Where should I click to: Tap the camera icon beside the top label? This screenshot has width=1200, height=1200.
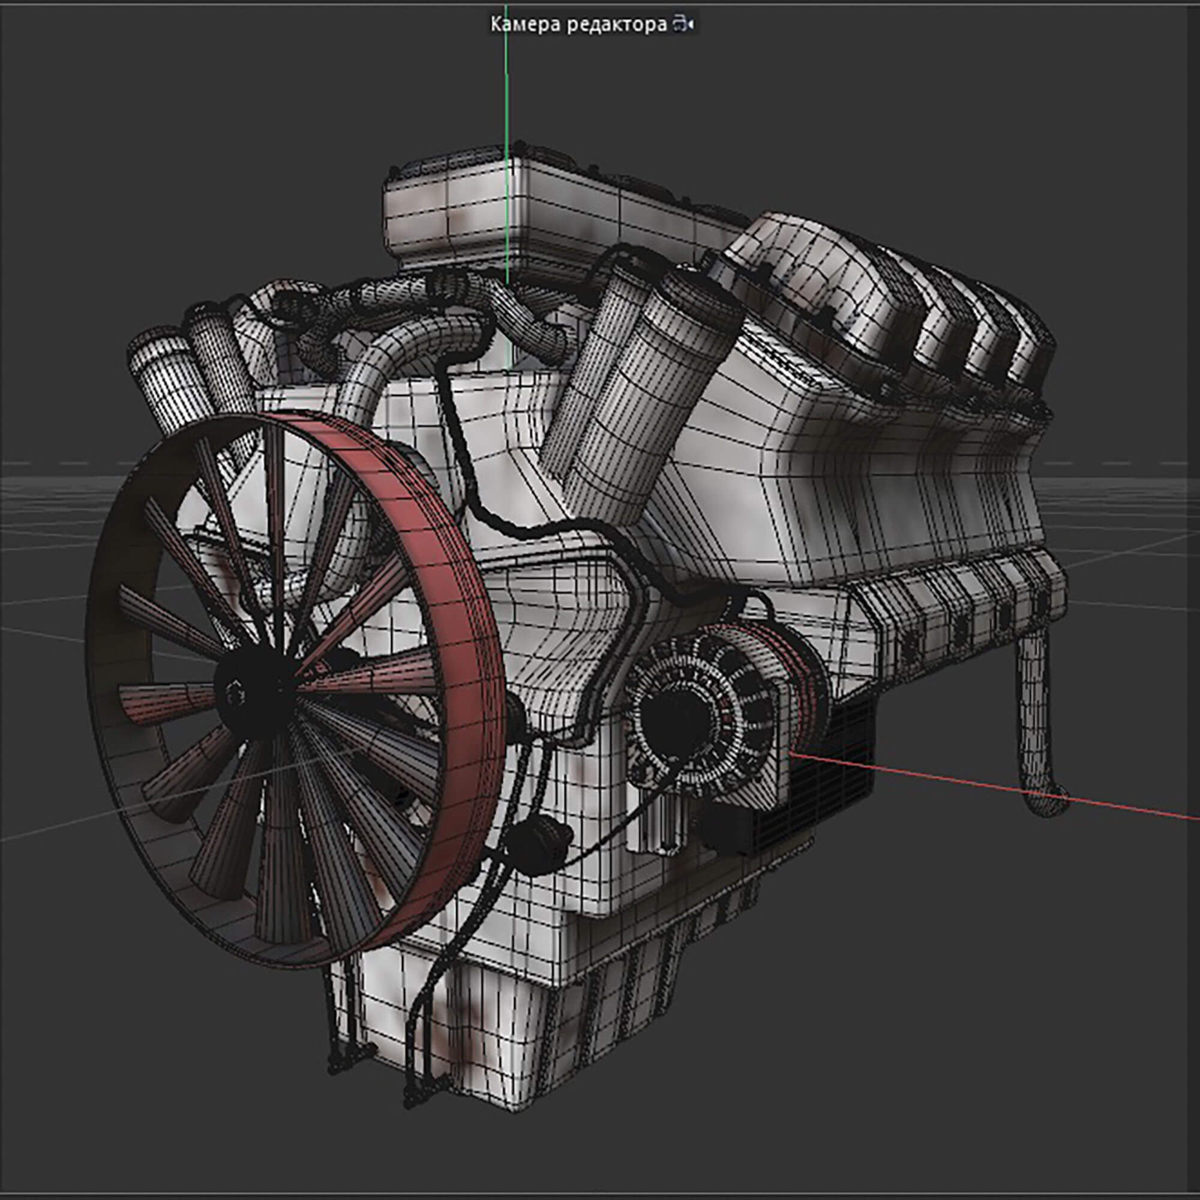click(683, 25)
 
